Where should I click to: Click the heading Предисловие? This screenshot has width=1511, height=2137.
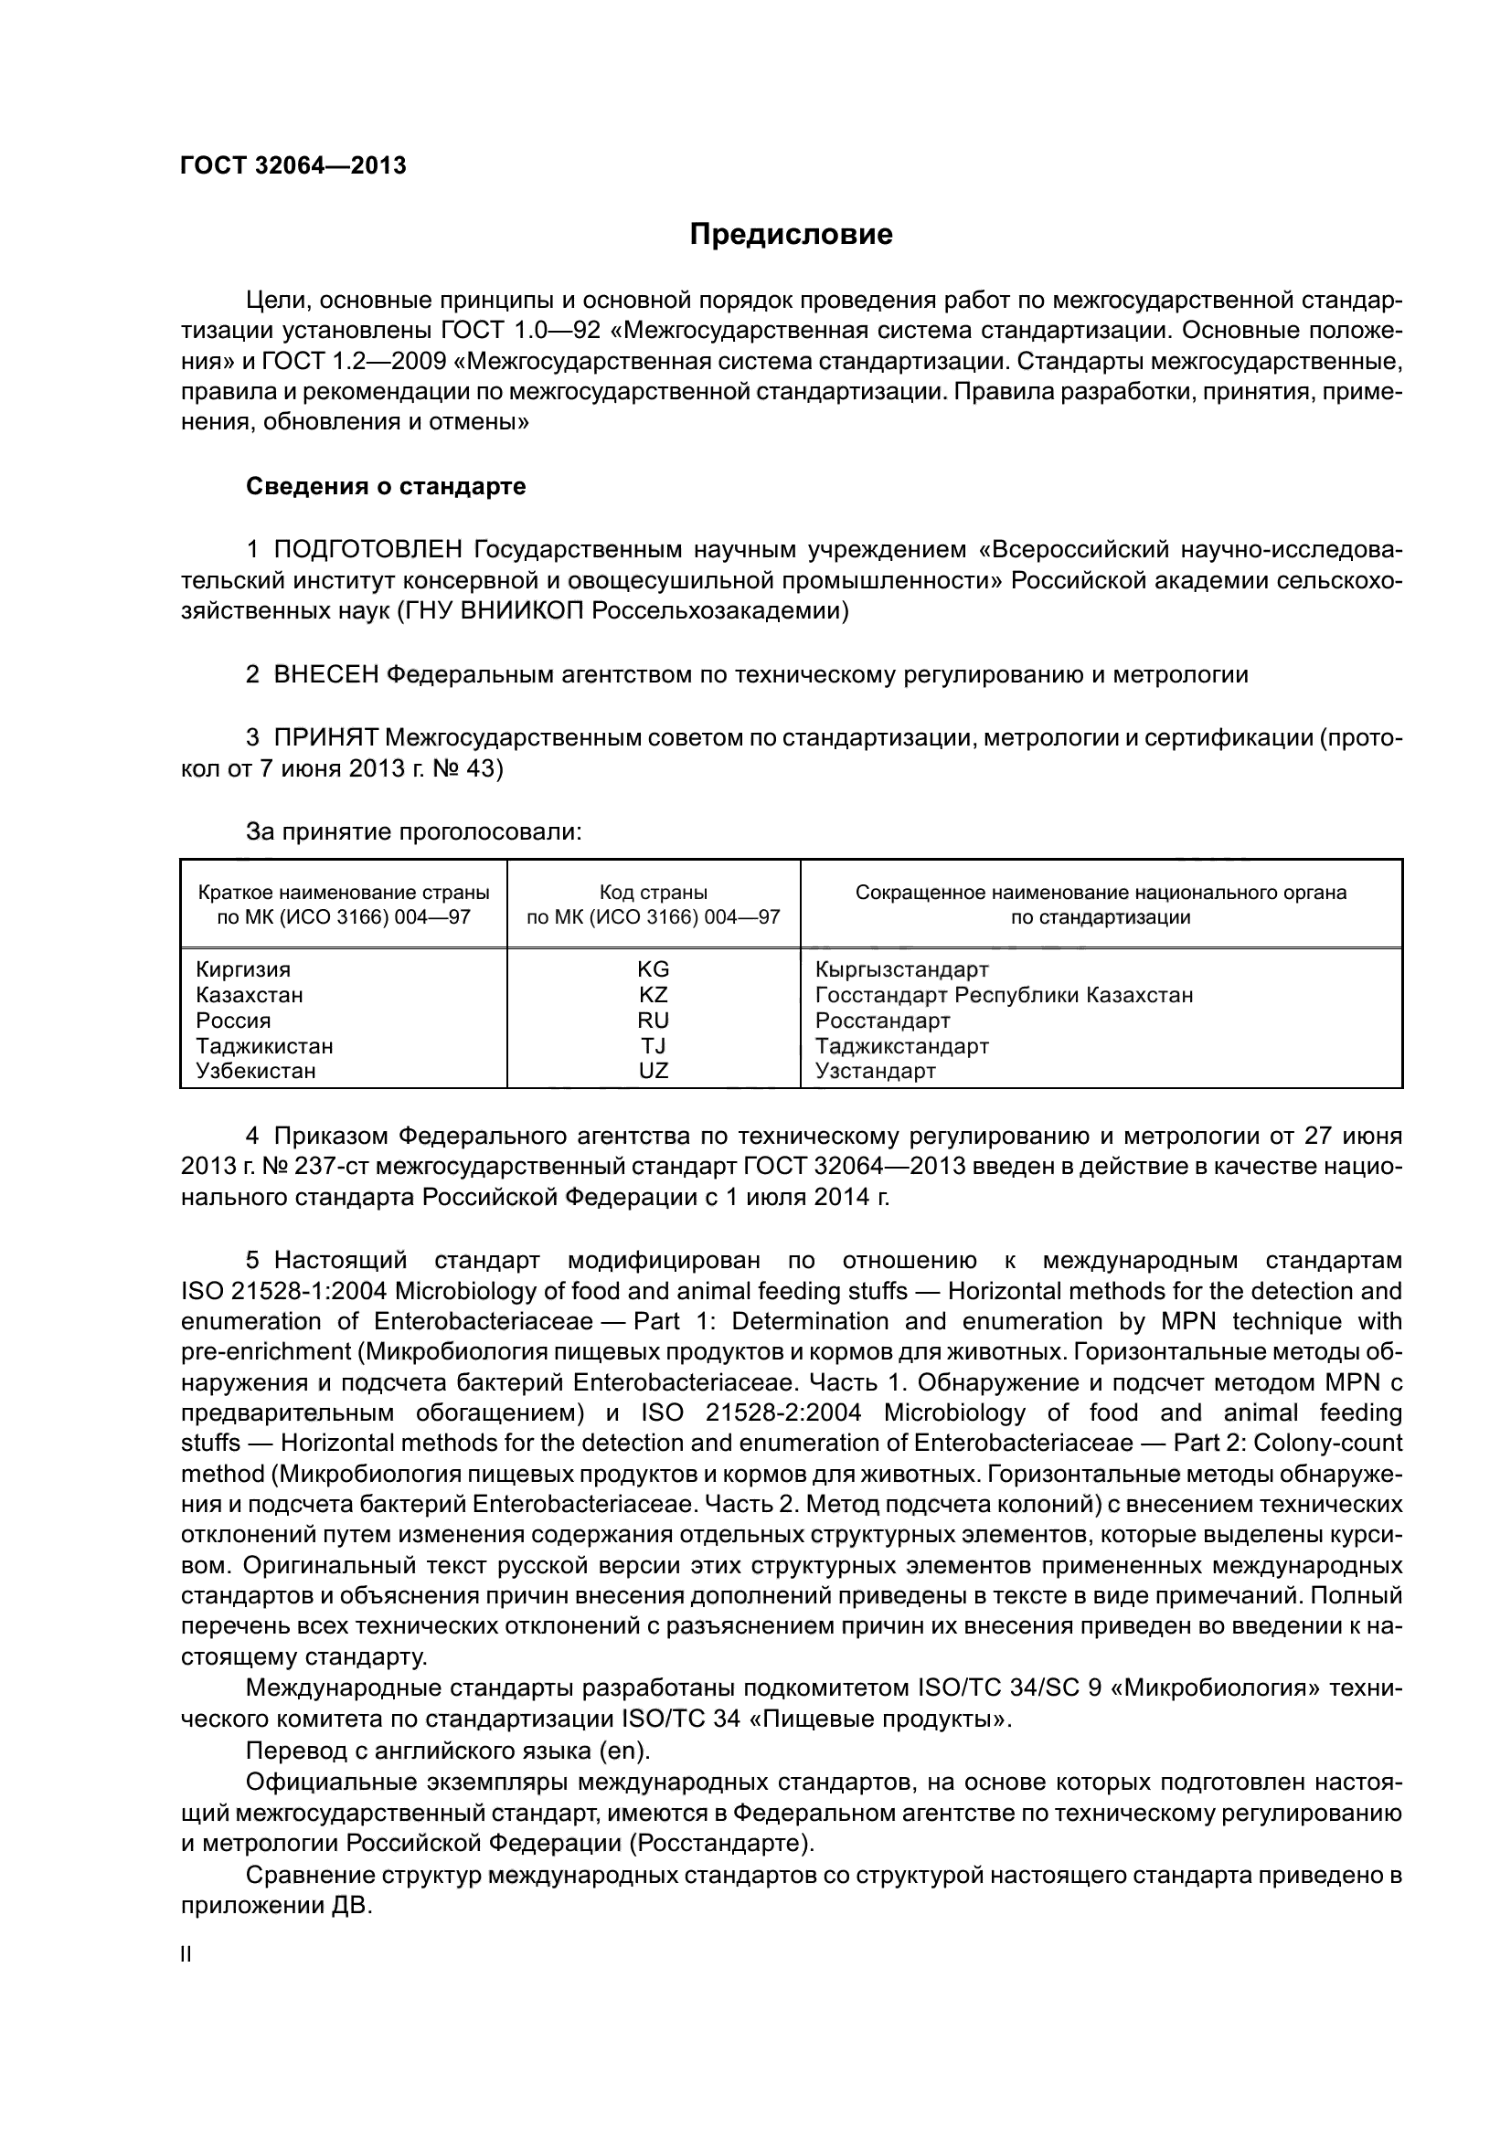pos(791,235)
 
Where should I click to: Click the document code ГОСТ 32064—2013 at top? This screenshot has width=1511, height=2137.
pos(293,165)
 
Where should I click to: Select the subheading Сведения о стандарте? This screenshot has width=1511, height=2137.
pos(386,486)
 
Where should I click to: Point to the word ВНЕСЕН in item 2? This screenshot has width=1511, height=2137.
pos(325,675)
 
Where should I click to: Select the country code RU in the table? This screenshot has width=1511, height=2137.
pos(653,1021)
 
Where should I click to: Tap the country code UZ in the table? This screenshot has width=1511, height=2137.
pos(653,1071)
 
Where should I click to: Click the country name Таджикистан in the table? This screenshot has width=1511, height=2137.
pos(264,1045)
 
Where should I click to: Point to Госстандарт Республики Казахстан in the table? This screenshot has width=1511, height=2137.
pos(1004,995)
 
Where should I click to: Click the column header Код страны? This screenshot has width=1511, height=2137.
pos(653,893)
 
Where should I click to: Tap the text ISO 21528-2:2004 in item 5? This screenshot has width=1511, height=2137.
pos(750,1412)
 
